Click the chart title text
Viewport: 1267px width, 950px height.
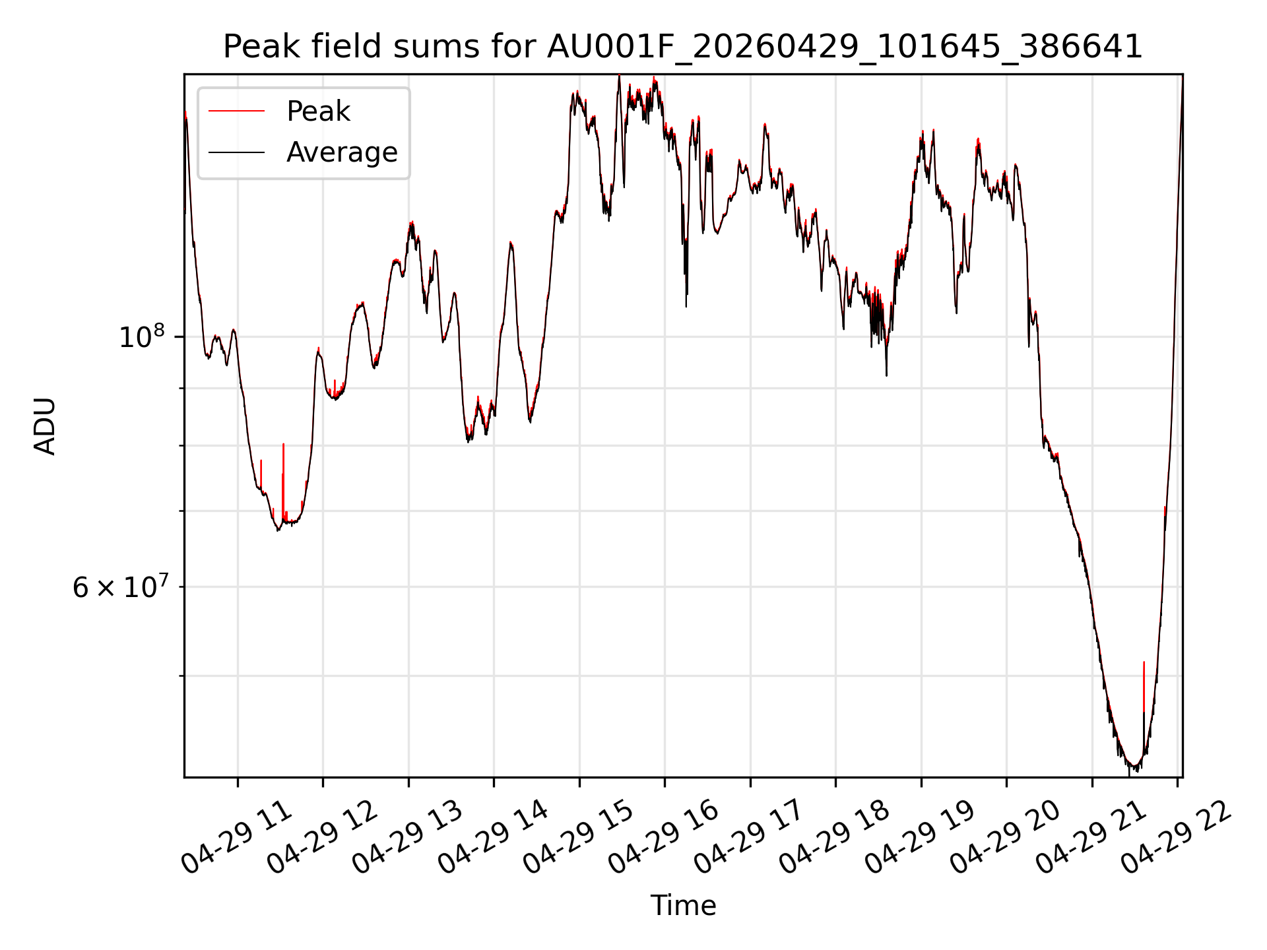pyautogui.click(x=683, y=47)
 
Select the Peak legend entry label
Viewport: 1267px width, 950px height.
pyautogui.click(x=318, y=111)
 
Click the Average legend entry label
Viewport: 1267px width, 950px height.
pyautogui.click(x=342, y=152)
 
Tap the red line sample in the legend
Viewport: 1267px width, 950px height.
pyautogui.click(x=236, y=111)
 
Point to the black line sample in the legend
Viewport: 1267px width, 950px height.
pyautogui.click(x=236, y=152)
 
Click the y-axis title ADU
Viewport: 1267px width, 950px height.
pyautogui.click(x=45, y=426)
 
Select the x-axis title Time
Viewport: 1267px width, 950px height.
pyautogui.click(x=683, y=905)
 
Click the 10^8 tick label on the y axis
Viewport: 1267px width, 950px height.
pyautogui.click(x=141, y=336)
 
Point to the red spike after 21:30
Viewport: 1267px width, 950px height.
pyautogui.click(x=1144, y=687)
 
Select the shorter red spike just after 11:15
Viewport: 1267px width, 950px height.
pyautogui.click(x=261, y=476)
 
